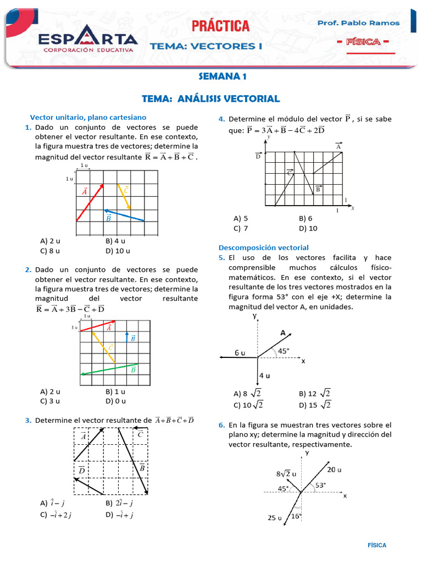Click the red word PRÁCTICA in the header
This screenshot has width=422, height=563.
pyautogui.click(x=220, y=26)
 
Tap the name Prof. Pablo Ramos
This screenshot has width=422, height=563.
pyautogui.click(x=359, y=23)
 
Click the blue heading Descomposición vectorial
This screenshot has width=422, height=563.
pyautogui.click(x=264, y=247)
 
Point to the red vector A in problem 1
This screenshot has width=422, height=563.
pyautogui.click(x=90, y=202)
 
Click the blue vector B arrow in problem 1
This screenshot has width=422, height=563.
pyautogui.click(x=125, y=215)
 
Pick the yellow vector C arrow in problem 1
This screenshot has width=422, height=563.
pyautogui.click(x=124, y=197)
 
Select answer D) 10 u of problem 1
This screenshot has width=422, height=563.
pyautogui.click(x=118, y=251)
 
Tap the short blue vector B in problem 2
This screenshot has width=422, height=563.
pyautogui.click(x=127, y=338)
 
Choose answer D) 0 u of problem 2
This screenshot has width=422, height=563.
pyautogui.click(x=115, y=401)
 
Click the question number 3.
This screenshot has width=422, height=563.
pyautogui.click(x=27, y=421)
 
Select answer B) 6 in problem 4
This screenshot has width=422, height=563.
pyautogui.click(x=306, y=218)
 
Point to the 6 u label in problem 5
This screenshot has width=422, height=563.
pyautogui.click(x=240, y=352)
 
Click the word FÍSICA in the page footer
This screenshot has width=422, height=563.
pyautogui.click(x=377, y=545)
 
